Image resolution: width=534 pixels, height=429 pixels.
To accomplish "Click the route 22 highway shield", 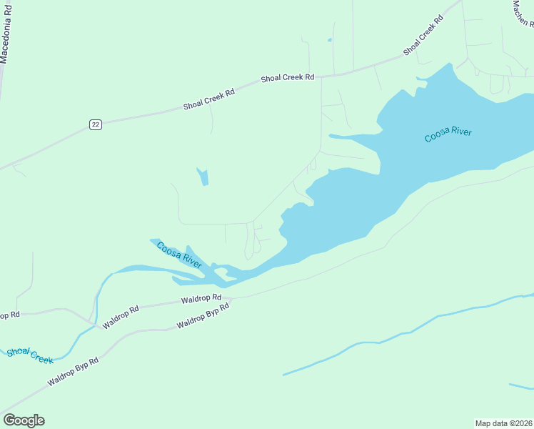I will (96, 124).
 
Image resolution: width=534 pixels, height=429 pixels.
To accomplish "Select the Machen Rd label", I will (523, 14).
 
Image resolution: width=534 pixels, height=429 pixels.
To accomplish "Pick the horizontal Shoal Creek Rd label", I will (288, 78).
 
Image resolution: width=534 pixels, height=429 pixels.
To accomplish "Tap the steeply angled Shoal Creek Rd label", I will (423, 34).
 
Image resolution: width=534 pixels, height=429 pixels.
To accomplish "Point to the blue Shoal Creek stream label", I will (31, 355).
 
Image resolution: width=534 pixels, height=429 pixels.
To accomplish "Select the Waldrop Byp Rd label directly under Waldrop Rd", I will (203, 316).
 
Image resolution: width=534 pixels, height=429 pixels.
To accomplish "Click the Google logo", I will (24, 420).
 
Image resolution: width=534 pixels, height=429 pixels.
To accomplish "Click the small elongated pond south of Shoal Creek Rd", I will (203, 177).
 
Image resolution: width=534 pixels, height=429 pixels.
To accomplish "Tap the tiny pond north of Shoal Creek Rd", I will (329, 40).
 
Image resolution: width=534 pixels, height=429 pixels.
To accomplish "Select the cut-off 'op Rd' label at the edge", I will (9, 315).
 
